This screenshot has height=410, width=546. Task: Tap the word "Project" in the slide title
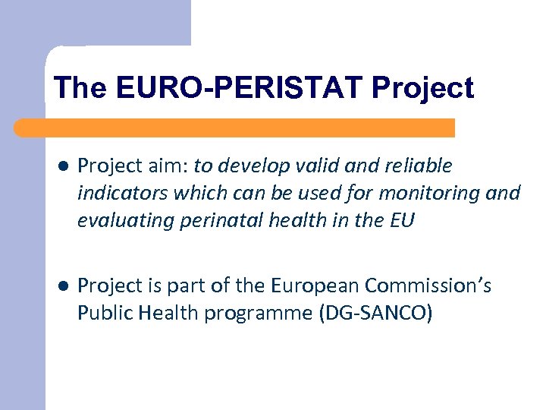422,88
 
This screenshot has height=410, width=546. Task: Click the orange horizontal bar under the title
235,128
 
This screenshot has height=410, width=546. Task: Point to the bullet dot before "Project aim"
63,166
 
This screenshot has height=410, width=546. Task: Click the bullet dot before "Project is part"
63,286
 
